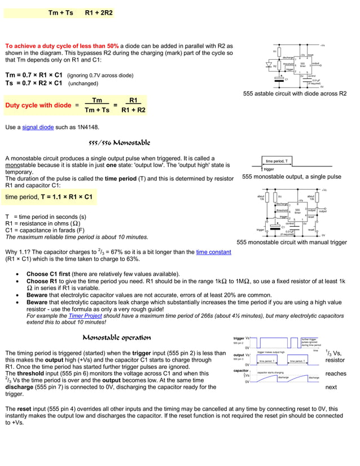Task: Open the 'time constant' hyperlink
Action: click(x=213, y=252)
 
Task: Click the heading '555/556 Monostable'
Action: click(x=119, y=143)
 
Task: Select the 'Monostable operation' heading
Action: click(x=117, y=338)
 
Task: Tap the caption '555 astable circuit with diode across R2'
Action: click(x=295, y=94)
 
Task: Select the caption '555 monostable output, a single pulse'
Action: click(x=291, y=177)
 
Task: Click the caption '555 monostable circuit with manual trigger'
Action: click(x=292, y=242)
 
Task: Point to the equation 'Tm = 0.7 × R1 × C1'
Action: click(x=34, y=74)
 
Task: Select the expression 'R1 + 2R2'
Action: click(x=99, y=12)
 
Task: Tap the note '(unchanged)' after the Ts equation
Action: click(x=84, y=83)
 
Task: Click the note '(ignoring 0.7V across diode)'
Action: click(x=100, y=75)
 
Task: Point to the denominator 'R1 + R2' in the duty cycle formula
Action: click(x=133, y=110)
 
